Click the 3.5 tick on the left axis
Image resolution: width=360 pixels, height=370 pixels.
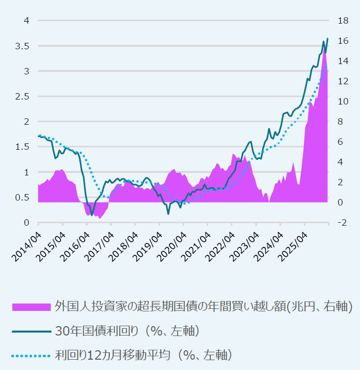[x=24, y=46]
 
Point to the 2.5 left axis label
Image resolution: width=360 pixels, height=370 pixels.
[x=24, y=97]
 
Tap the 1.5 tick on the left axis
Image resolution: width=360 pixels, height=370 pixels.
[x=24, y=147]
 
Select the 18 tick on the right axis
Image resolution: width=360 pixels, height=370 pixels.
[x=343, y=21]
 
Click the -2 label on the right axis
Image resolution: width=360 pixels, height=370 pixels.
[x=342, y=223]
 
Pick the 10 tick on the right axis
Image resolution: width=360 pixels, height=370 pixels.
[x=343, y=101]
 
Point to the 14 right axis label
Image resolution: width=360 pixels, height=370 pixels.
[x=343, y=61]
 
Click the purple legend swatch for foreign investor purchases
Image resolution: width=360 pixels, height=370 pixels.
[x=31, y=307]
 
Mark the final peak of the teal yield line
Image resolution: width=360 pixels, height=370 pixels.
[x=327, y=32]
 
